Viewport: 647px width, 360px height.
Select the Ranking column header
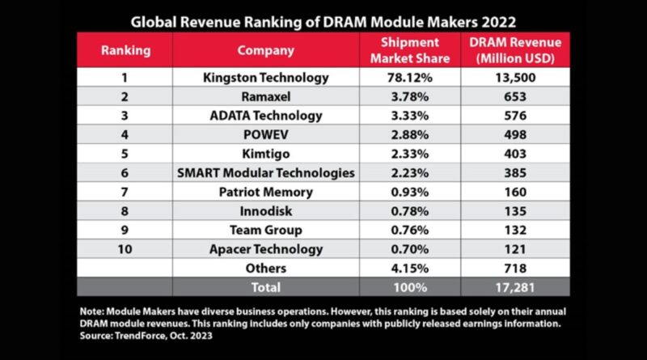coord(125,50)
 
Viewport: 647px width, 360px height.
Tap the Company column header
coord(264,50)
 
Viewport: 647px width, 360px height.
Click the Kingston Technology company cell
coord(264,78)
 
